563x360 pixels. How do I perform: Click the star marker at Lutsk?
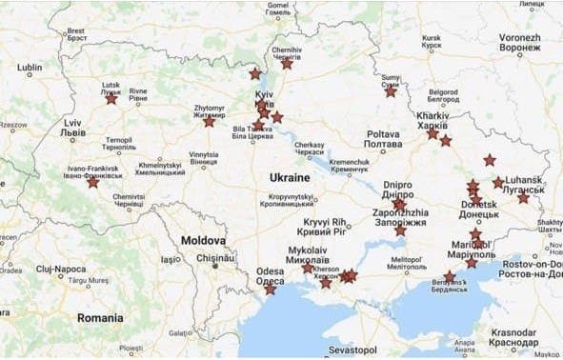point(111,98)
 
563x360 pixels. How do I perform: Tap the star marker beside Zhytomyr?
point(209,122)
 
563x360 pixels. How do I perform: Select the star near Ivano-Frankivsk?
point(92,182)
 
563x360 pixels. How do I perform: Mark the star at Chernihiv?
point(287,64)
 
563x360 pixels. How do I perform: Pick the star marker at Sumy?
point(391,91)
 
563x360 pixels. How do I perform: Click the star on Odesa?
point(270,289)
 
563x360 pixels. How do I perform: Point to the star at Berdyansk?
point(450,276)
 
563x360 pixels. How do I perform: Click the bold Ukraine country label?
point(289,178)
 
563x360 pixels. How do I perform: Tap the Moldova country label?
point(203,241)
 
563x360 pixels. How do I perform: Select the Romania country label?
point(101,317)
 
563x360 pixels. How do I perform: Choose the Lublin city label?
point(30,68)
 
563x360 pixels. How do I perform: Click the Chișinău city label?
point(214,258)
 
